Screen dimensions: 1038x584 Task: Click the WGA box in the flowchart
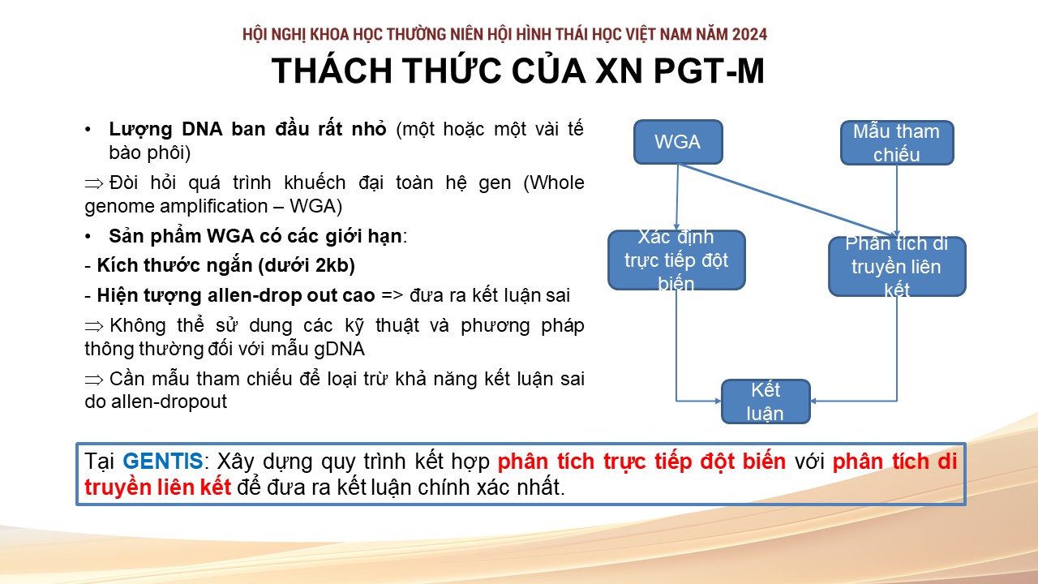click(x=678, y=142)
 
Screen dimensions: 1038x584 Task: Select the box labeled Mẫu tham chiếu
click(x=897, y=143)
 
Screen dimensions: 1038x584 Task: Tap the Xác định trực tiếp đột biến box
click(x=676, y=260)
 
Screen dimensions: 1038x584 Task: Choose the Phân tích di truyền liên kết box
click(x=897, y=267)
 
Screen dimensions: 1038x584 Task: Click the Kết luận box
click(x=766, y=401)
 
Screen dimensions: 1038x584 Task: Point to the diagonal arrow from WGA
click(x=787, y=200)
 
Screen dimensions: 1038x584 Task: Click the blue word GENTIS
click(x=163, y=462)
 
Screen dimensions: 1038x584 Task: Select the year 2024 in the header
click(x=749, y=34)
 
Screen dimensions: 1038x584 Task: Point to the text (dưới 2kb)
click(x=307, y=265)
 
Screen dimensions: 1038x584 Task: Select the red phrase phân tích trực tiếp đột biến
click(x=641, y=462)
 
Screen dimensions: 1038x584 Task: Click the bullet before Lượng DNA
click(x=88, y=130)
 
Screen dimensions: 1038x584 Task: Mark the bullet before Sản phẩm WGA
click(x=88, y=237)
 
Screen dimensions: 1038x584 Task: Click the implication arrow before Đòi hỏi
click(x=94, y=184)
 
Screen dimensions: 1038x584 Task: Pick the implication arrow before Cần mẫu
click(x=94, y=380)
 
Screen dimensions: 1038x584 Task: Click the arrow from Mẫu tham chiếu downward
click(x=897, y=200)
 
